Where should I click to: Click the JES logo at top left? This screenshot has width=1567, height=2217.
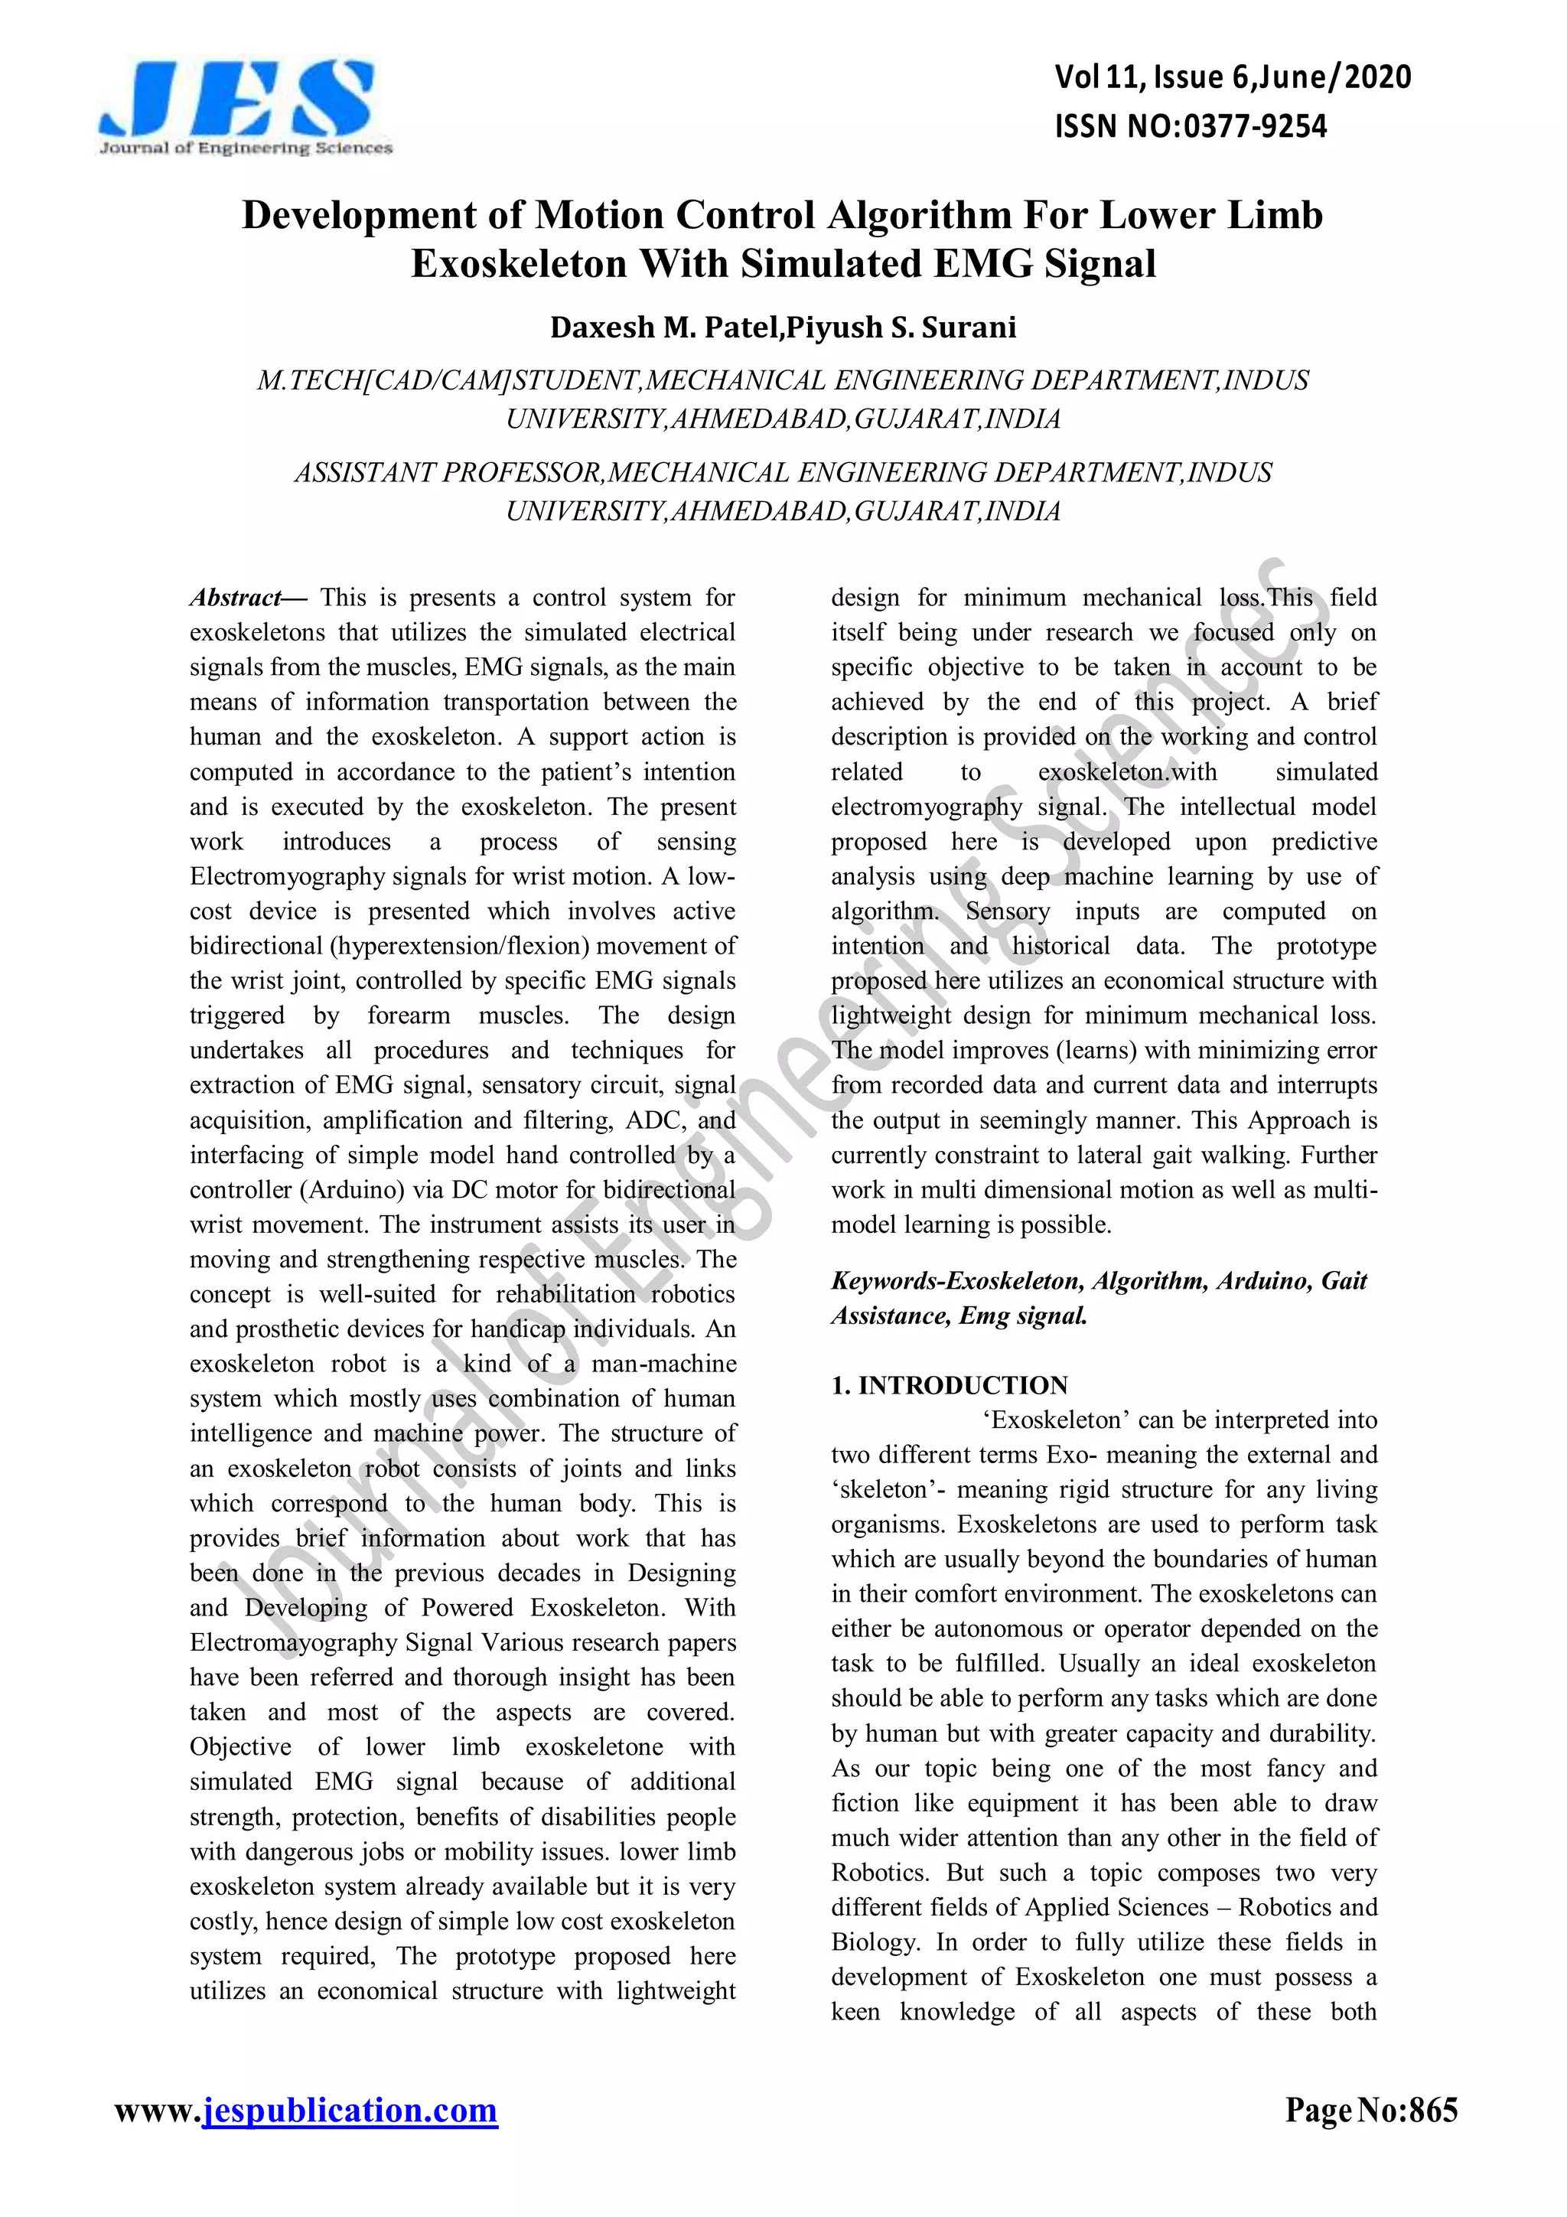[246, 106]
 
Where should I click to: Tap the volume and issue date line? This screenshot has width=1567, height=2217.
[1232, 77]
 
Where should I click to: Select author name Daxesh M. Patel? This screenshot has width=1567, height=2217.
[665, 328]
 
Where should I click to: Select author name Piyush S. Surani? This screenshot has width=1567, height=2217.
[901, 328]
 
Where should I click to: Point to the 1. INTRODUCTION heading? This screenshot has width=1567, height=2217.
[948, 1386]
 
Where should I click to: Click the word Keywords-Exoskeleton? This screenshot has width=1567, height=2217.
[959, 1281]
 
